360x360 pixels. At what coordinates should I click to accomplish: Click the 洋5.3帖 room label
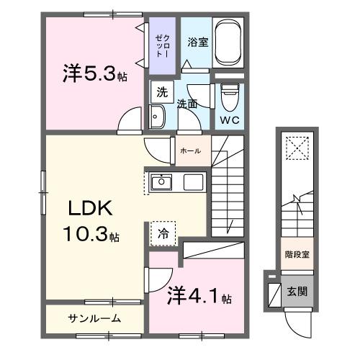pos(94,74)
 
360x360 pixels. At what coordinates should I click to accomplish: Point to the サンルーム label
pos(94,318)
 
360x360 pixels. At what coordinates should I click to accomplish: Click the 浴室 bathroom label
pos(198,42)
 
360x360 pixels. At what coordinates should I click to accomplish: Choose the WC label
pos(230,118)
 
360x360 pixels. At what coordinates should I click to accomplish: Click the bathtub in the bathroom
pos(230,42)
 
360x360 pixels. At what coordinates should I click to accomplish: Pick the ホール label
pos(191,150)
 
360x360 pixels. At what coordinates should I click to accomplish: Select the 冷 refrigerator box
pos(162,234)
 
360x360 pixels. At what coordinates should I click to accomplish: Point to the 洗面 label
pos(188,104)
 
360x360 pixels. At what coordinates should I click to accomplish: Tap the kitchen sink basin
pos(161,182)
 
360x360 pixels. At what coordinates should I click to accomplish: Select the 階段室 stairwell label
pos(296,254)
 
